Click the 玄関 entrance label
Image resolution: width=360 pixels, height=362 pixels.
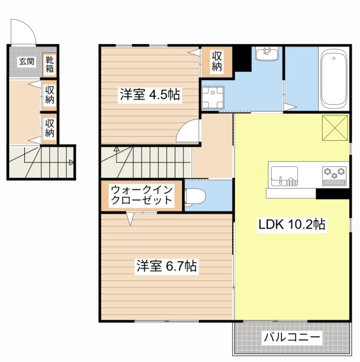point(27,61)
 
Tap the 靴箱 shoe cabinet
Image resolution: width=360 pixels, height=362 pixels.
point(50,63)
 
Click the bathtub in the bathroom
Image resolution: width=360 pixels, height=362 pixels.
point(333,80)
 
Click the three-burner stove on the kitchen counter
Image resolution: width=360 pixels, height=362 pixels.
point(334,174)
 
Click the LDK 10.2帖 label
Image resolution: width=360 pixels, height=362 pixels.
point(292,224)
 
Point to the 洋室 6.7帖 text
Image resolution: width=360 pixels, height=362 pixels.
point(166,266)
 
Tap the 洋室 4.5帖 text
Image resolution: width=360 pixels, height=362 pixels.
point(149,94)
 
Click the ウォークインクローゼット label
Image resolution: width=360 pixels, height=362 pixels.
point(142,195)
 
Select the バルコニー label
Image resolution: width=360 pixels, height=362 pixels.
point(292,338)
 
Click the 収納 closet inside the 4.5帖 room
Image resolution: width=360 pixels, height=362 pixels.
point(217,61)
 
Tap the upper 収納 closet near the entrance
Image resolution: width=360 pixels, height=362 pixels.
point(50,94)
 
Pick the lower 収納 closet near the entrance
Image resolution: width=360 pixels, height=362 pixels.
point(50,128)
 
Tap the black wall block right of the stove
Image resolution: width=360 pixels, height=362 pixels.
point(333,193)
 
